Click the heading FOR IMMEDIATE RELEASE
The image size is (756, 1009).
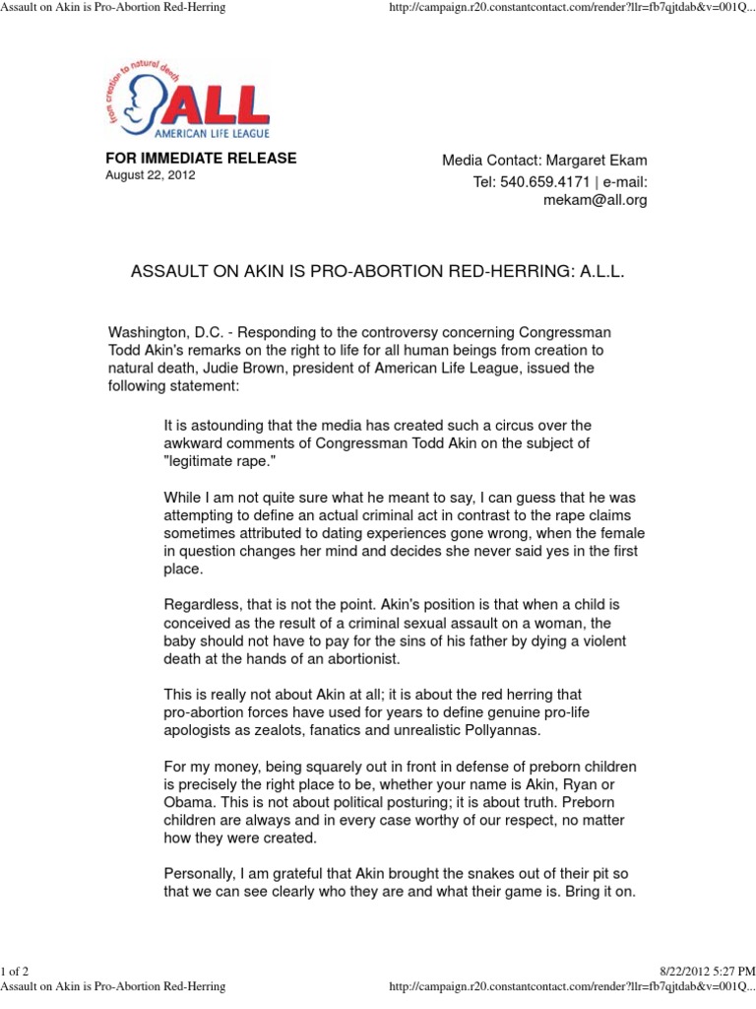click(201, 159)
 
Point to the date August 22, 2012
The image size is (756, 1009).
click(151, 175)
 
